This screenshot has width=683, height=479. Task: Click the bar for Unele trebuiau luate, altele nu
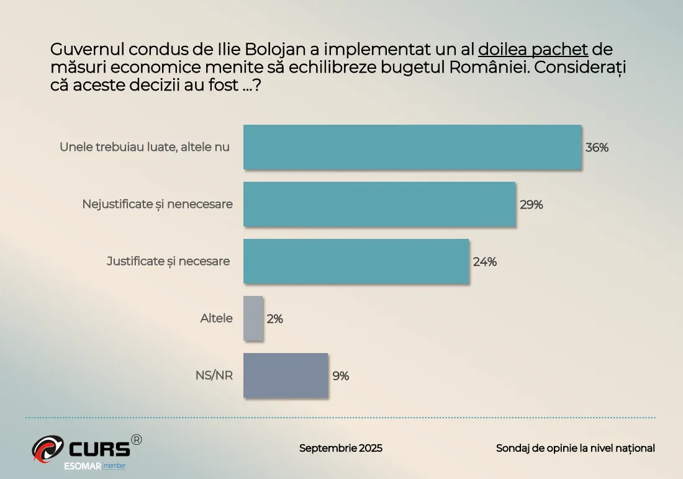click(412, 147)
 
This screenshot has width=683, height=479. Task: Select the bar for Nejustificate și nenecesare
click(379, 204)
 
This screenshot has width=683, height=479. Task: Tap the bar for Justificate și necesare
click(356, 261)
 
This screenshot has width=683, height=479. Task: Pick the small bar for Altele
click(253, 318)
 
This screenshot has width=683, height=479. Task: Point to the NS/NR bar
click(285, 375)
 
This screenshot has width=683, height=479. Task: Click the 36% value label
click(597, 148)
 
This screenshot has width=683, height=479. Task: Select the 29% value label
click(531, 205)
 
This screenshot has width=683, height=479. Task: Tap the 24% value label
click(484, 262)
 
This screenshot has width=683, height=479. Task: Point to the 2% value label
click(274, 319)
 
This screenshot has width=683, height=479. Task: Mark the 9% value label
click(340, 376)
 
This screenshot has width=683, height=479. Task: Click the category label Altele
click(216, 318)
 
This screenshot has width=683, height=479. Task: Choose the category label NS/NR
click(214, 375)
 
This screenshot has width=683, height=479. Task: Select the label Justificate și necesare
click(168, 261)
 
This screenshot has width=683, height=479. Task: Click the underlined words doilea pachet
click(533, 49)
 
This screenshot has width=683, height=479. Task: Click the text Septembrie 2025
click(340, 448)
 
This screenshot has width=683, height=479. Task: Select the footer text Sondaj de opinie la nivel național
click(575, 448)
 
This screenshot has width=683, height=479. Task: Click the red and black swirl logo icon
click(48, 449)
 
